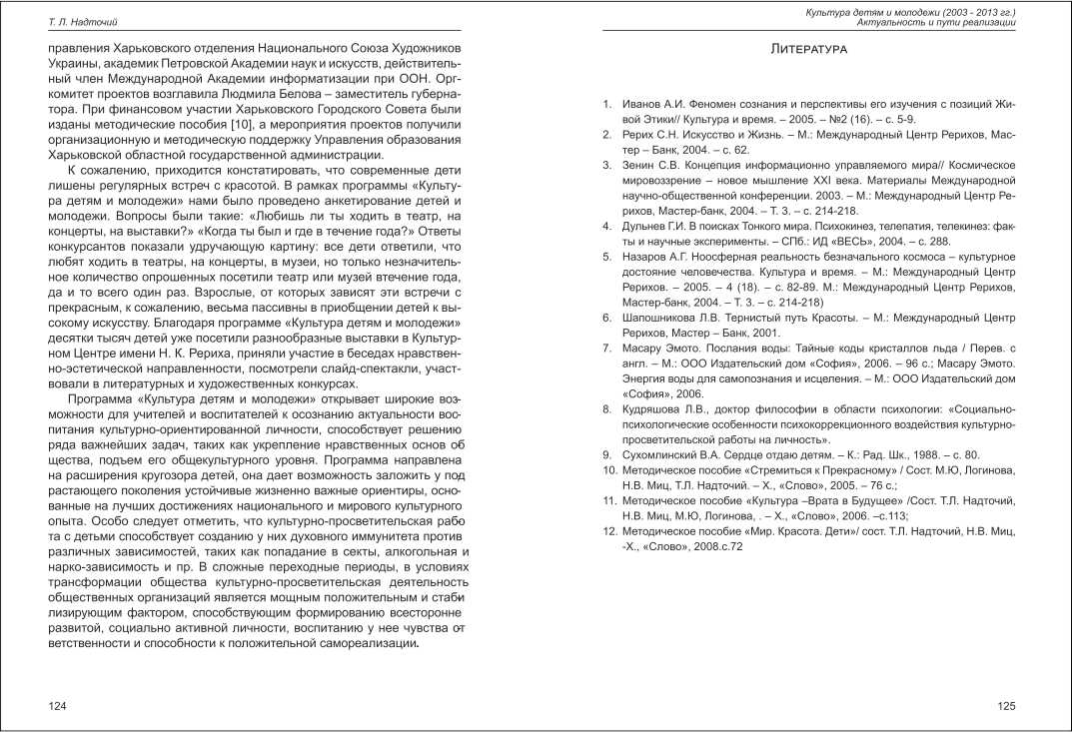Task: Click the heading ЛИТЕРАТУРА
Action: (x=810, y=49)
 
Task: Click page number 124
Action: (x=58, y=706)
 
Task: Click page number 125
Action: (x=1007, y=706)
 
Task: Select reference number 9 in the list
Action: (x=605, y=454)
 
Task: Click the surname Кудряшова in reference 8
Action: (x=653, y=408)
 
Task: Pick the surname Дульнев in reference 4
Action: (x=646, y=226)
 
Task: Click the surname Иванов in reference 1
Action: (x=641, y=104)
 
